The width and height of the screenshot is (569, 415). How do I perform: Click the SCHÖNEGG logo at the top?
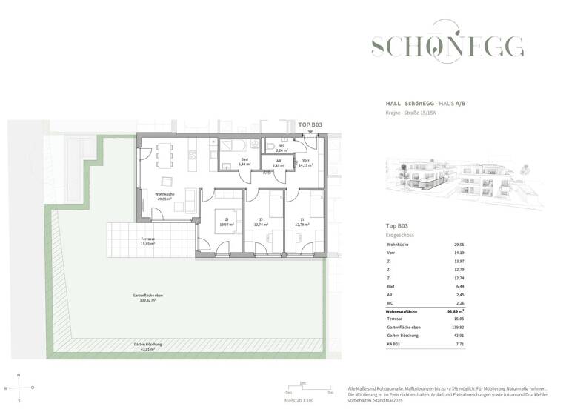point(447,47)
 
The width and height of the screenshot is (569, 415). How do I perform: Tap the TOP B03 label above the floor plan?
point(310,127)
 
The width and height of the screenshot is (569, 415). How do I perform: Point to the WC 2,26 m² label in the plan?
point(282,147)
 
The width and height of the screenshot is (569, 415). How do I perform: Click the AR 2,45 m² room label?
point(279,164)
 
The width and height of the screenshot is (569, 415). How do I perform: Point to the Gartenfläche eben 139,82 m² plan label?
point(148,298)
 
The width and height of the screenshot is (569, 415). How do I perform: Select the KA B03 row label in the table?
point(393,345)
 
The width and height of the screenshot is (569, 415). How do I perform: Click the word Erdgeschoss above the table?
point(401,234)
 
